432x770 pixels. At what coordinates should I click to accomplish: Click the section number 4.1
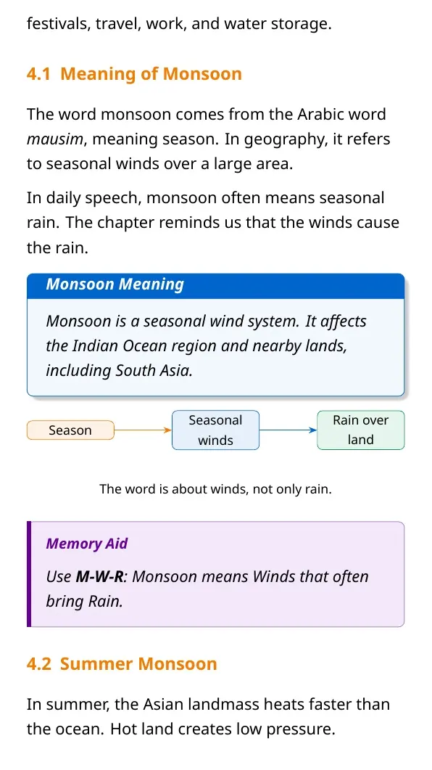pyautogui.click(x=38, y=73)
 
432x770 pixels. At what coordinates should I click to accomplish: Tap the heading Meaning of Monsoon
pyautogui.click(x=151, y=73)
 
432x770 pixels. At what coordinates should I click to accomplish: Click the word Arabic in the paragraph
pyautogui.click(x=322, y=115)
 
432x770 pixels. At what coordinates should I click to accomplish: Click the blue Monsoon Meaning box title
pyautogui.click(x=115, y=284)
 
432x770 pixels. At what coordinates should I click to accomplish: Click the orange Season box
pyautogui.click(x=70, y=430)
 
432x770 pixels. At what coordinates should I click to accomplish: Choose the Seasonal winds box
pyautogui.click(x=215, y=430)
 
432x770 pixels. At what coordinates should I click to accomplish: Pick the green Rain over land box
pyautogui.click(x=361, y=430)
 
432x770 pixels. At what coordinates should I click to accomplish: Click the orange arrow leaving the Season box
pyautogui.click(x=143, y=430)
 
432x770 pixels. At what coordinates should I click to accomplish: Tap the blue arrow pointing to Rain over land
pyautogui.click(x=288, y=430)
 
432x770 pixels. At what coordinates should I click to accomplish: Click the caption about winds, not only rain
pyautogui.click(x=216, y=489)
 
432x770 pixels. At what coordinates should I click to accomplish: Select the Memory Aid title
pyautogui.click(x=87, y=544)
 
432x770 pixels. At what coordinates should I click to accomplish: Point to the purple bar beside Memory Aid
pyautogui.click(x=29, y=574)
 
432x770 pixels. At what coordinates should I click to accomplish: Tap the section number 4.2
pyautogui.click(x=38, y=664)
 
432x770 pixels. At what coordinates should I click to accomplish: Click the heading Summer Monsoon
pyautogui.click(x=138, y=664)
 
